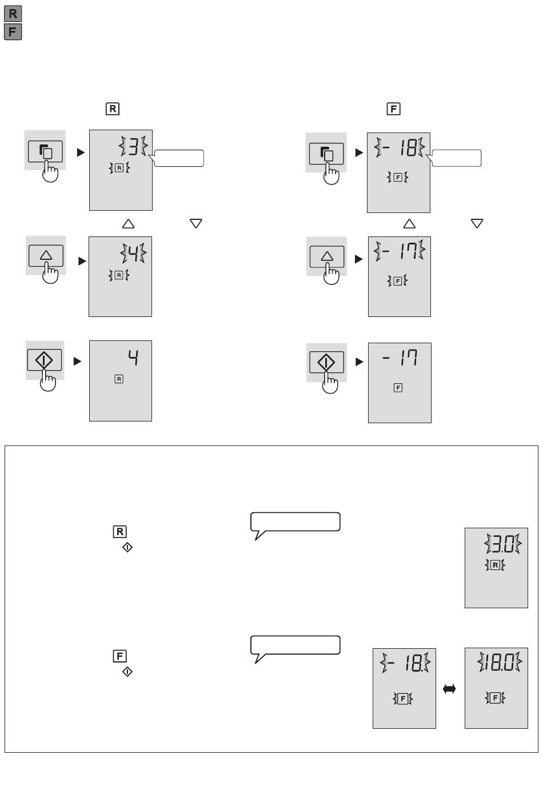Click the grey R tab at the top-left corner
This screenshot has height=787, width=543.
tap(13, 14)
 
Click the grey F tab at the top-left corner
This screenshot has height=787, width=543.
tap(13, 31)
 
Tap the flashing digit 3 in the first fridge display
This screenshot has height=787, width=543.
tap(133, 146)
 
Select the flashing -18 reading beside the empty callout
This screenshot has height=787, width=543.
tap(399, 147)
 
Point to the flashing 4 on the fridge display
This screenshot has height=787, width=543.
tap(133, 252)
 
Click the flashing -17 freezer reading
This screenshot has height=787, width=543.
tap(399, 251)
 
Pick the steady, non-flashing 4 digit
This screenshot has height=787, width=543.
tap(133, 358)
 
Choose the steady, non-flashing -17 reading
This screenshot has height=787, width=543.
tap(400, 358)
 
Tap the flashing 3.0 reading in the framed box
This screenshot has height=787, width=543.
tap(502, 544)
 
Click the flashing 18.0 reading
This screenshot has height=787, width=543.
tap(500, 662)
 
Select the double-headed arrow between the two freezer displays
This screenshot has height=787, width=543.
tap(449, 689)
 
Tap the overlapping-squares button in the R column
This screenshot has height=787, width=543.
tap(45, 151)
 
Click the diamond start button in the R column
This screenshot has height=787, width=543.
tap(45, 360)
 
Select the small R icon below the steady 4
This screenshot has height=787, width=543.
tap(119, 379)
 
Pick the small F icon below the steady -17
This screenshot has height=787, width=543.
tap(398, 388)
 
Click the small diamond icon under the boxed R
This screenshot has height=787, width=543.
tap(127, 547)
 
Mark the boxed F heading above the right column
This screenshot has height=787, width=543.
tap(394, 109)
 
